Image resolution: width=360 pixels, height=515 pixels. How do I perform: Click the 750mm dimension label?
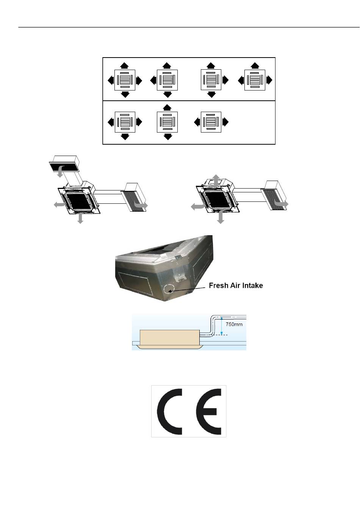pyautogui.click(x=234, y=325)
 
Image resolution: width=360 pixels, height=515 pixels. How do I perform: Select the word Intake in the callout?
pyautogui.click(x=253, y=286)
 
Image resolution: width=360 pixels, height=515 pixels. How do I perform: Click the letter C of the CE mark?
pyautogui.click(x=169, y=412)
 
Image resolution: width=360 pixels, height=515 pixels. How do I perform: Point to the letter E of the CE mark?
pyautogui.click(x=209, y=412)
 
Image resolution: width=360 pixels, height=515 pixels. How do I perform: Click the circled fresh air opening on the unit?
pyautogui.click(x=169, y=289)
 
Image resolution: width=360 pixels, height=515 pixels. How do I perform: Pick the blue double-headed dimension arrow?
pyautogui.click(x=221, y=326)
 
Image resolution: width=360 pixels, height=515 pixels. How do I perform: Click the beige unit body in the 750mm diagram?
pyautogui.click(x=169, y=338)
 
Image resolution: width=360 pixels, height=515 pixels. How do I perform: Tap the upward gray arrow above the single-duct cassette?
pyautogui.click(x=216, y=181)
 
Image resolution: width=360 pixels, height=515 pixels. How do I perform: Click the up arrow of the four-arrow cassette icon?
pyautogui.click(x=124, y=65)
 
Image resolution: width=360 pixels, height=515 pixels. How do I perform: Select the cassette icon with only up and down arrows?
pyautogui.click(x=167, y=122)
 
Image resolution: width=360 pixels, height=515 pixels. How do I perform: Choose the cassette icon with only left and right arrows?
pyautogui.click(x=211, y=122)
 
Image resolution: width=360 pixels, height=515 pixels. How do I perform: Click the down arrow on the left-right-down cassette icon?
pyautogui.click(x=125, y=137)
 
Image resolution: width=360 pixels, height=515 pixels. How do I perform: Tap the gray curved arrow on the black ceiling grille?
pyautogui.click(x=60, y=171)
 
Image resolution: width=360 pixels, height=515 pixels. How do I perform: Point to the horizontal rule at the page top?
pyautogui.click(x=189, y=27)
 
